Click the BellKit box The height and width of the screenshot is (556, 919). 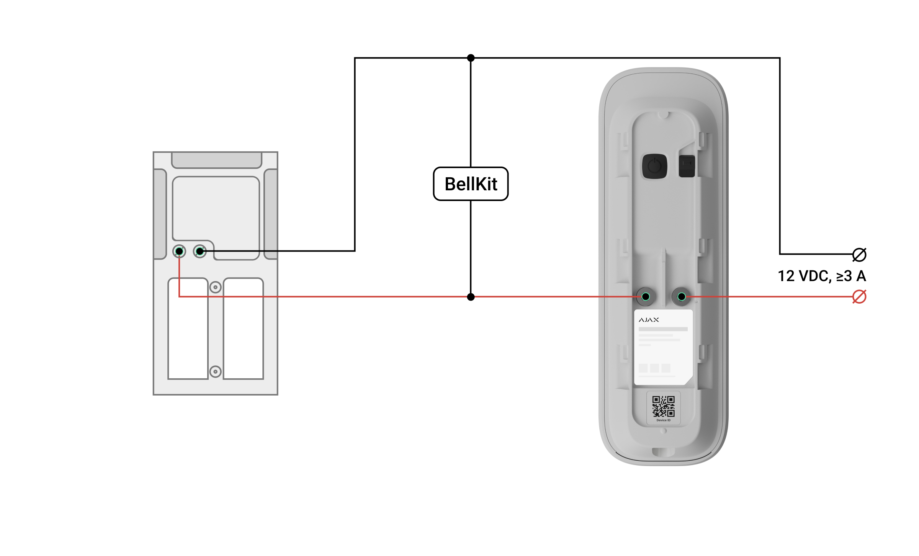click(471, 184)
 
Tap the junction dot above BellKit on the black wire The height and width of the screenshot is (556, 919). click(471, 58)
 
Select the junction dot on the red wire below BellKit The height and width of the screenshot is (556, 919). click(471, 297)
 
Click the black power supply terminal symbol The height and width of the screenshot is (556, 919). click(859, 254)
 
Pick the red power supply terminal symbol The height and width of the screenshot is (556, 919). click(859, 297)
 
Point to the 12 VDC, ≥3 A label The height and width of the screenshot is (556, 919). click(822, 276)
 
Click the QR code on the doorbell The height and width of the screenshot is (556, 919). click(664, 406)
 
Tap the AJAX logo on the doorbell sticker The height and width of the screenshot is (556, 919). click(649, 320)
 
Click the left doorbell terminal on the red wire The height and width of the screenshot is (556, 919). click(646, 296)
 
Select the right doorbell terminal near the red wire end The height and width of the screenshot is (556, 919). click(682, 296)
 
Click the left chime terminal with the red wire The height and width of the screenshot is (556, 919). click(179, 251)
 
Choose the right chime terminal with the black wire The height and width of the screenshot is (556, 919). click(200, 251)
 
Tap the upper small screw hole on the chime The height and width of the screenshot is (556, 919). click(216, 287)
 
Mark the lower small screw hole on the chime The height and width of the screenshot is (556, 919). click(216, 371)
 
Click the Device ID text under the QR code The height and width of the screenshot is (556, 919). click(664, 420)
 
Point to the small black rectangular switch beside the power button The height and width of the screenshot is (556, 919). click(687, 166)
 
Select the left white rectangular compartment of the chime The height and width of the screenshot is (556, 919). click(188, 329)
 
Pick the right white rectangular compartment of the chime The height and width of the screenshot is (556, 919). click(244, 329)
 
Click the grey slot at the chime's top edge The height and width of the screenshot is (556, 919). click(217, 160)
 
